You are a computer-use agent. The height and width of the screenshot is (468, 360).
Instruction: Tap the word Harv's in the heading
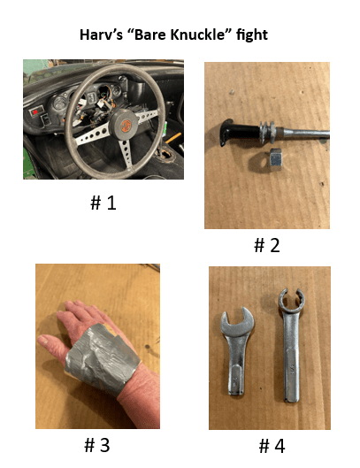coord(101,35)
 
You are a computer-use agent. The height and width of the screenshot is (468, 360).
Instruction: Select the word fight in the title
coord(252,35)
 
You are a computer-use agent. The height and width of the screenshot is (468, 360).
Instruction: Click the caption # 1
coord(103,203)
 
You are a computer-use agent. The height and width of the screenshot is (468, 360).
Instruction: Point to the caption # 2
coord(267,245)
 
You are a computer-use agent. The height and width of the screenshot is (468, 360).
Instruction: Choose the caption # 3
coord(97,445)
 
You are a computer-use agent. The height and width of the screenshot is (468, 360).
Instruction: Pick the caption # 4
coord(272,446)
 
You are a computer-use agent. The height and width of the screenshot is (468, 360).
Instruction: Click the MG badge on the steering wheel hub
coord(126,126)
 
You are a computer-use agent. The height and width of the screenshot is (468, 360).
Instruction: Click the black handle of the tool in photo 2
coord(239,132)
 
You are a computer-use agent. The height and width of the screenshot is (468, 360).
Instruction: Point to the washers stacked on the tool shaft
coord(266,132)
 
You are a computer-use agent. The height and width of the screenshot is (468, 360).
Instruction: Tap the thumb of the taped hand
coord(53,344)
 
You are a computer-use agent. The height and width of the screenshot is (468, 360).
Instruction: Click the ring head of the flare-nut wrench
coord(291,300)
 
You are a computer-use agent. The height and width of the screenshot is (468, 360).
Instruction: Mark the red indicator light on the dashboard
coord(35,112)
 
